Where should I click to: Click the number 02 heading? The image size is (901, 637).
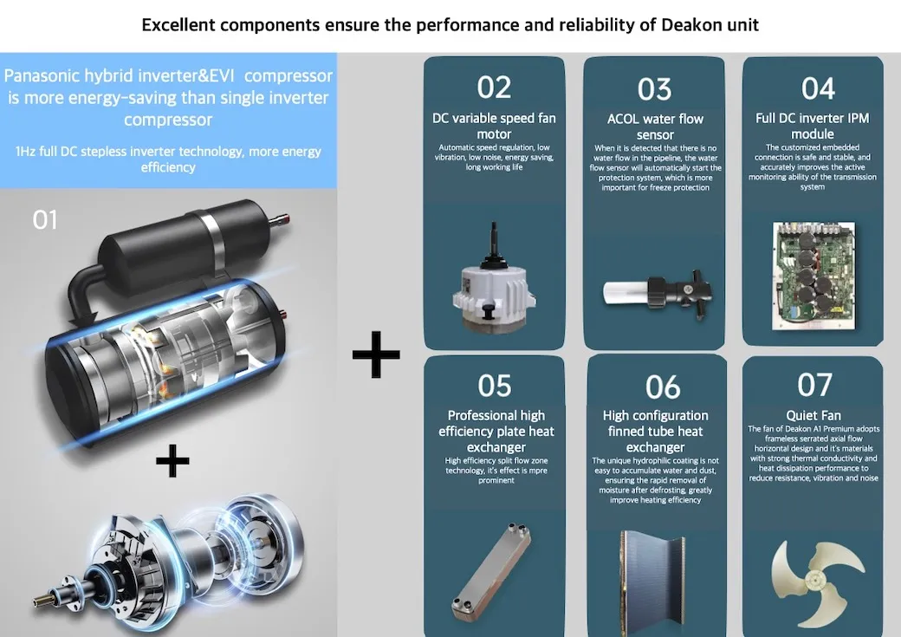point(494,88)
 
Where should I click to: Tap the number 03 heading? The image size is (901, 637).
point(654,89)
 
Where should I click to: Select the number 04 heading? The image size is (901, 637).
point(818,88)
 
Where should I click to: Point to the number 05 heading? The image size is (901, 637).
point(494,385)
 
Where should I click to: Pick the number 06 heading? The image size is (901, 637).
point(663,387)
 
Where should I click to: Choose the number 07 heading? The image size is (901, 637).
point(814,385)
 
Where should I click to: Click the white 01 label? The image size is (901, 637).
point(45,219)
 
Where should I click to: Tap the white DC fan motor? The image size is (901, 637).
point(493,279)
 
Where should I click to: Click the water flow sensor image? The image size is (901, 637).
point(658,292)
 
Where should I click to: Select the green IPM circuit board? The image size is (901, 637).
point(813,276)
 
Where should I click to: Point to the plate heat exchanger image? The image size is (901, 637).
point(491,572)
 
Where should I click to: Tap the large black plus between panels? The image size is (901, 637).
point(376,354)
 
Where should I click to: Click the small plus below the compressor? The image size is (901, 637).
point(172,460)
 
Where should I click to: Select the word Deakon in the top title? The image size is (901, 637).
point(690,25)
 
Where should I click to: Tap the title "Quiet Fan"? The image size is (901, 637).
point(813,415)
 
